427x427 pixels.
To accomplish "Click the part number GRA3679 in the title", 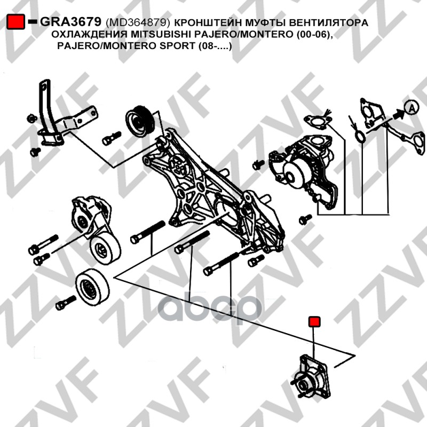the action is tap(70, 21).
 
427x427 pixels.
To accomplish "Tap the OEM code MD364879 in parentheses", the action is tap(138, 22).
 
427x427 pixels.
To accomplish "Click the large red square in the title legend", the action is tap(15, 22).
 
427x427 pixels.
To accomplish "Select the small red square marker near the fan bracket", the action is tap(314, 322).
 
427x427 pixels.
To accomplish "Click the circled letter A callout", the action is tap(411, 108).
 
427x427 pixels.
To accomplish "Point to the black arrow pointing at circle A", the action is tap(398, 114).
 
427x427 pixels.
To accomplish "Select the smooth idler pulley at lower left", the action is tap(92, 287).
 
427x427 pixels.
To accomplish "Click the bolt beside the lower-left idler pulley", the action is tap(66, 303).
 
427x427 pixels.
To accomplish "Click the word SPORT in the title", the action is tap(177, 45).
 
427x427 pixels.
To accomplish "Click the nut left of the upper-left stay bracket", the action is tap(32, 118).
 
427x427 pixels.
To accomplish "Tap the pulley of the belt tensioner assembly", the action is tap(105, 249).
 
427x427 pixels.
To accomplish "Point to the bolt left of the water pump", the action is tap(258, 164).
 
